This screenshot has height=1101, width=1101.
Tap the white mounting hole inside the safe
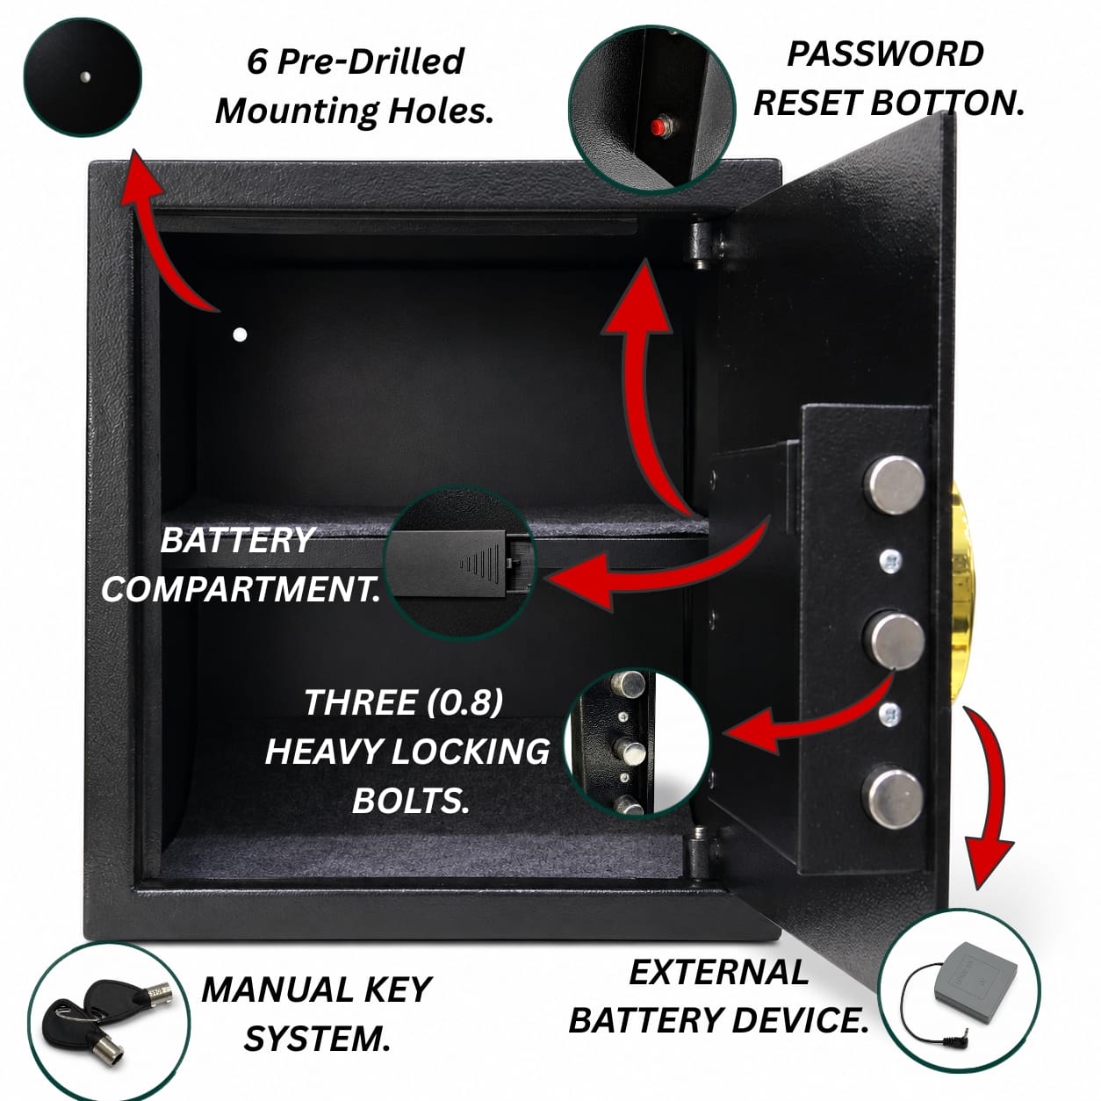[240, 335]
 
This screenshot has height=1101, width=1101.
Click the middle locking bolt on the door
[894, 639]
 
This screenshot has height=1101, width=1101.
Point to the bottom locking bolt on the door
[896, 797]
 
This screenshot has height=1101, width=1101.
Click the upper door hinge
[702, 246]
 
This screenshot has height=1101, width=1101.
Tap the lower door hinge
[702, 856]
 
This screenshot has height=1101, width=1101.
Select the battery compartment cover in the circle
[448, 563]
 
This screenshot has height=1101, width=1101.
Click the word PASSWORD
[885, 54]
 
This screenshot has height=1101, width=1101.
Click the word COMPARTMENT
[241, 589]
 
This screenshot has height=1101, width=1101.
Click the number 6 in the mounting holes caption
[257, 61]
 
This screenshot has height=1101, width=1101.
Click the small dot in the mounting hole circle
[86, 76]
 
